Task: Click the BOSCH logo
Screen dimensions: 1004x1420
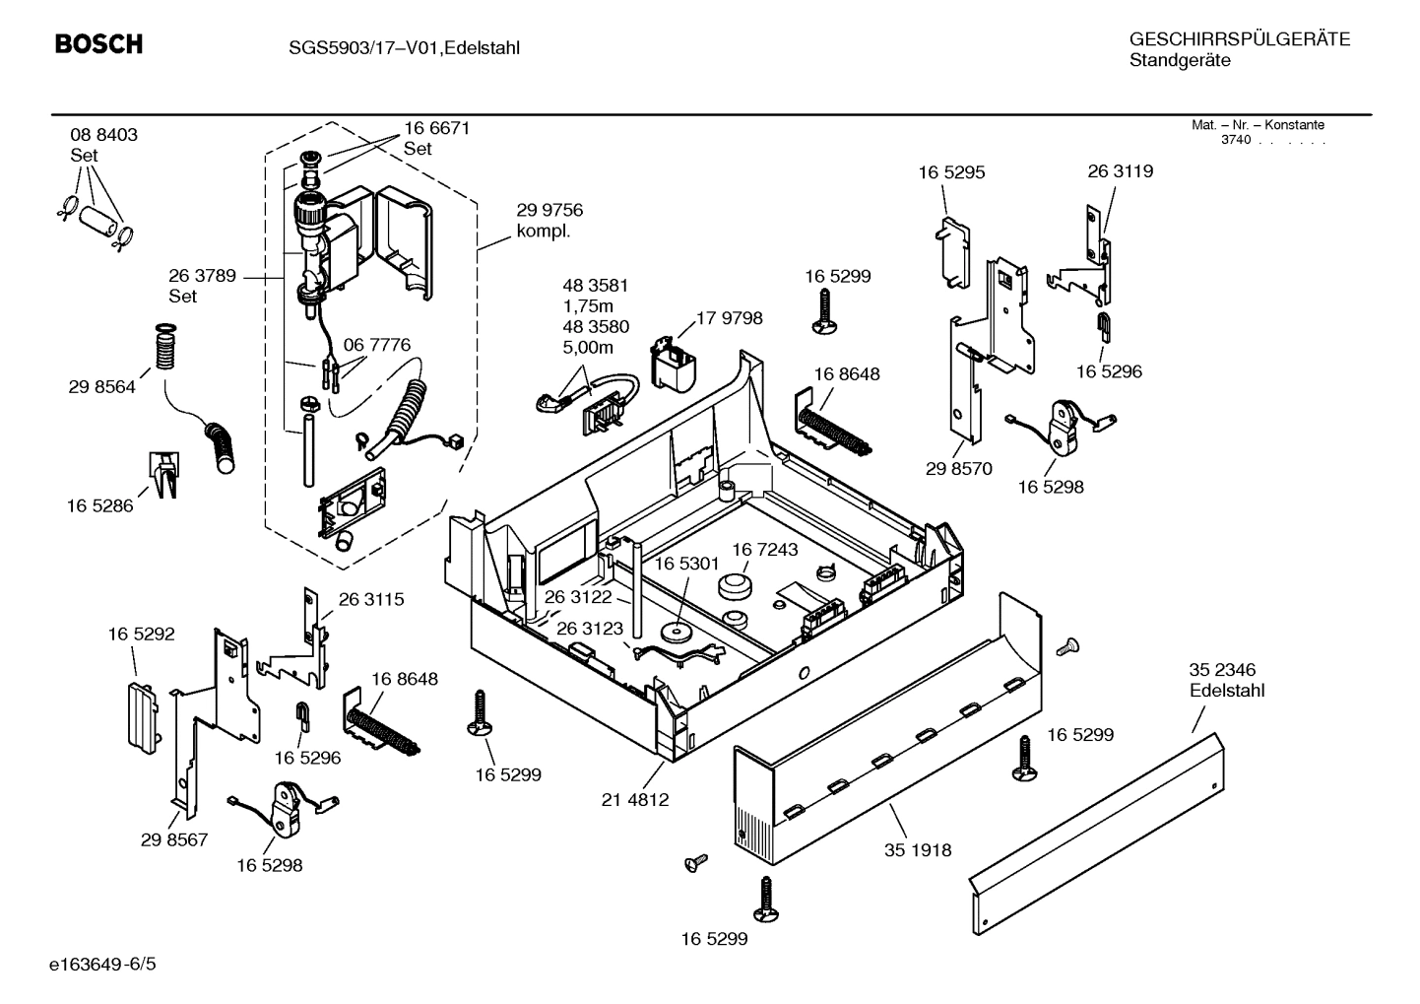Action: (x=98, y=44)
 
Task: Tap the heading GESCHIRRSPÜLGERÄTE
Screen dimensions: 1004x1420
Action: (x=1239, y=39)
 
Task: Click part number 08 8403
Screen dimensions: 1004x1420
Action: (x=103, y=135)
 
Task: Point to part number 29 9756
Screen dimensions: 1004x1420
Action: (x=549, y=210)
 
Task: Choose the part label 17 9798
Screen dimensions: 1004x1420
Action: (x=729, y=318)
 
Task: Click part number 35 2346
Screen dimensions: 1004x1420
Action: (x=1222, y=670)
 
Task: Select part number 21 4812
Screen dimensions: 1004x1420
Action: (x=635, y=799)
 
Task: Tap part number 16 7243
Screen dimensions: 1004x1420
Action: (x=764, y=549)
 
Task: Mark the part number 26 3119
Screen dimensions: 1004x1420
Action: (x=1120, y=170)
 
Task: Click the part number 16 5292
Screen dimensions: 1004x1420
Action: (x=141, y=635)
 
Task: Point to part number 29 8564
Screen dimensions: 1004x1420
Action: (x=101, y=387)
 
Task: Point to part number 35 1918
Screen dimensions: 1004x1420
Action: (x=918, y=849)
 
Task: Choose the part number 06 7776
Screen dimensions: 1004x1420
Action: (x=376, y=345)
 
